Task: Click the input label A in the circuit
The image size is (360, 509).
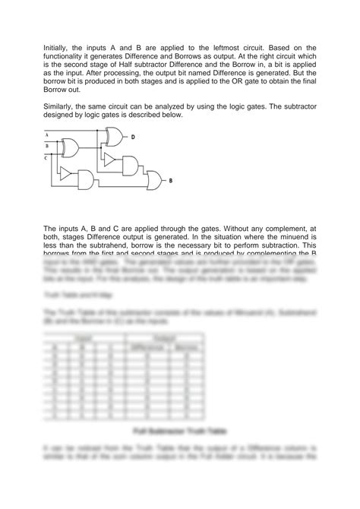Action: [46, 135]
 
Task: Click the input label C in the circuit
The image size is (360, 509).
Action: [46, 157]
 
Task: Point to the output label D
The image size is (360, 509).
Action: [132, 138]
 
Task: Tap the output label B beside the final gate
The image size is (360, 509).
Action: [170, 181]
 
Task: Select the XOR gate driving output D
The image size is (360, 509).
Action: [115, 137]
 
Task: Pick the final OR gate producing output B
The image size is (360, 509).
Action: [154, 181]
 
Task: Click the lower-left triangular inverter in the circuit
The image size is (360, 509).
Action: [66, 175]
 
